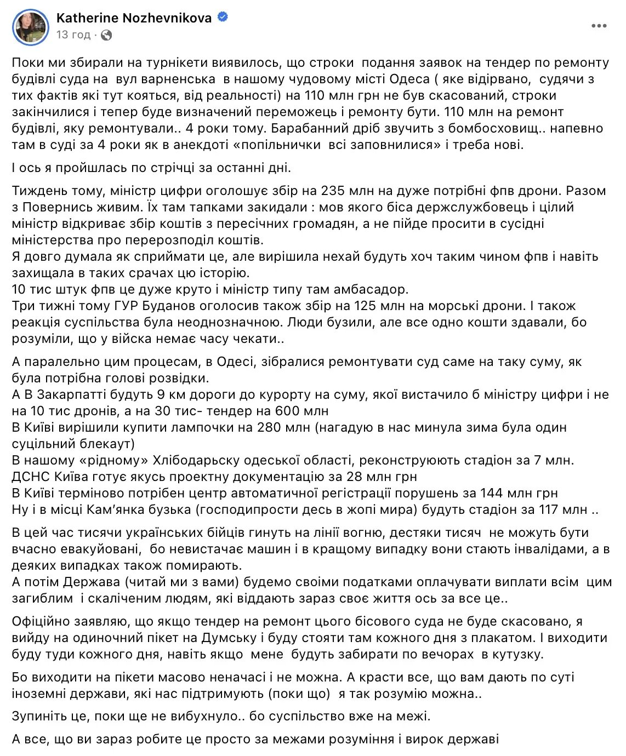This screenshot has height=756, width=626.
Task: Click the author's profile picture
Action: tap(31, 26)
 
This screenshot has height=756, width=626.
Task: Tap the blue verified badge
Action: tap(223, 18)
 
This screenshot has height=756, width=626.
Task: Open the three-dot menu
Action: tap(599, 26)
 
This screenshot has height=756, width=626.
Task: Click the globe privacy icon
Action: tap(107, 35)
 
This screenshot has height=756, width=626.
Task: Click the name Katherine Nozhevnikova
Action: tap(134, 18)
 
